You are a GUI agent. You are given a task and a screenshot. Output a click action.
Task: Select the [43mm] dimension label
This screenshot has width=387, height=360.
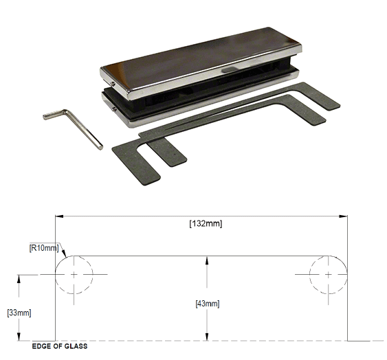(206, 303)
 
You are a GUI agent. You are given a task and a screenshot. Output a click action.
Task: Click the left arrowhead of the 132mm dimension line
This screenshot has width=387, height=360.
(59, 216)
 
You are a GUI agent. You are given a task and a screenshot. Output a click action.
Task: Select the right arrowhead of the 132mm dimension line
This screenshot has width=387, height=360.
(343, 216)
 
